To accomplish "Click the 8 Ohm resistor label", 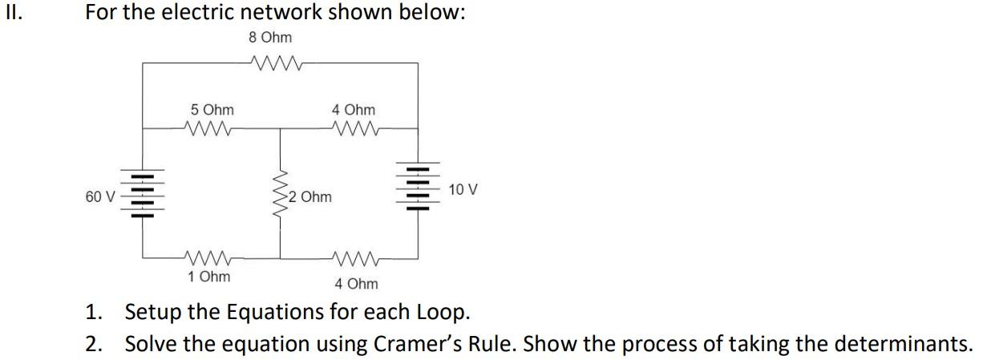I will coord(270,38).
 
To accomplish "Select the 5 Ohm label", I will coord(212,110).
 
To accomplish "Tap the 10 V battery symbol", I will coord(416,188).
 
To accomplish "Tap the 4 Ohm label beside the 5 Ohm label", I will coord(353,110).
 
